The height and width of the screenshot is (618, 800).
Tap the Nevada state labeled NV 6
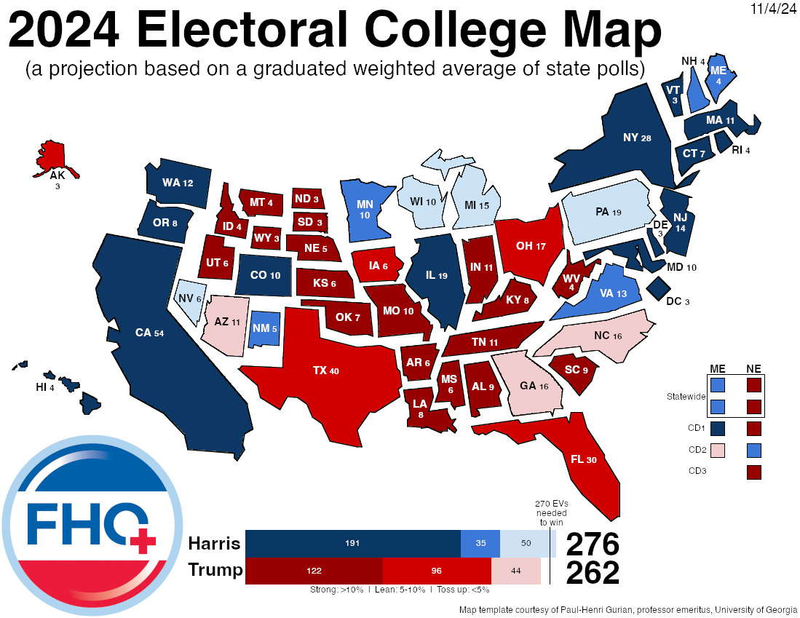point(189,299)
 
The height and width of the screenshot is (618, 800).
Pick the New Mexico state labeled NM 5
point(264,328)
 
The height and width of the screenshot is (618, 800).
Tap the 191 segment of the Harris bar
point(353,544)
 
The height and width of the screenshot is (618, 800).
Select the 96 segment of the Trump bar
point(437,571)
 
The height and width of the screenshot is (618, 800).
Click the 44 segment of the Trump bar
point(515,571)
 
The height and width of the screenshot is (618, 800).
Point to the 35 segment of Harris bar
point(480,544)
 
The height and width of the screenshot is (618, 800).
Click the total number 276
point(593,544)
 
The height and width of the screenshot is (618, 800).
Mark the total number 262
point(593,572)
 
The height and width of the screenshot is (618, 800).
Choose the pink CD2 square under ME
point(718,451)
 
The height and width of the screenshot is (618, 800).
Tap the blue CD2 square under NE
point(754,451)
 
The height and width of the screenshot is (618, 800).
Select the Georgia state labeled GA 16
point(531,386)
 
